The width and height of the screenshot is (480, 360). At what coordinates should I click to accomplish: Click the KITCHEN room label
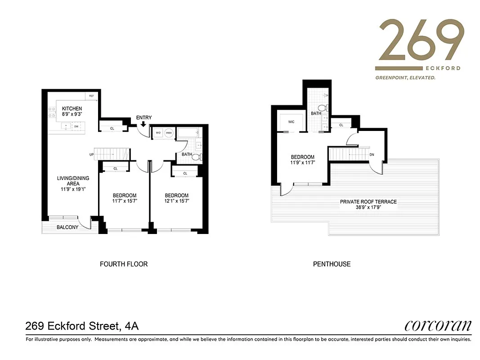[x=72, y=108]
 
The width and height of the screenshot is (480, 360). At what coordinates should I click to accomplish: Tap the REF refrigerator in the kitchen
[x=91, y=96]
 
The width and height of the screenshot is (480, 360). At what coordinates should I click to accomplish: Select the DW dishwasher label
[x=76, y=127]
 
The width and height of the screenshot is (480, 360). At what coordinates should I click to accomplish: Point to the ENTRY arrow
[x=144, y=124]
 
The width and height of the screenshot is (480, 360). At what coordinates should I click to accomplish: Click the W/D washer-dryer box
[x=158, y=133]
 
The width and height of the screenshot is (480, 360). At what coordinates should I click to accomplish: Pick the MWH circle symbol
[x=169, y=133]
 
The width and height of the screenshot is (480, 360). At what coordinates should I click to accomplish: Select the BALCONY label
[x=67, y=227]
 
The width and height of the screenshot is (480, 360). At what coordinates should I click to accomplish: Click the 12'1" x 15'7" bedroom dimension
[x=176, y=201]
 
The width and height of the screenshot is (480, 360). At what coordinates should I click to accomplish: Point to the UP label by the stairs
[x=92, y=155]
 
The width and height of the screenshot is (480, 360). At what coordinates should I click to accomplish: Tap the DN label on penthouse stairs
[x=371, y=154]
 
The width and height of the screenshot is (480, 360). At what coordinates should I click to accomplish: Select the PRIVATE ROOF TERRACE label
[x=368, y=202]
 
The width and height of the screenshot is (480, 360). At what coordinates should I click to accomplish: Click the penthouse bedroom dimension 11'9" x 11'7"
[x=302, y=163]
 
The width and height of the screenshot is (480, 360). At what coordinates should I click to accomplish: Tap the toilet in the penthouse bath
[x=322, y=108]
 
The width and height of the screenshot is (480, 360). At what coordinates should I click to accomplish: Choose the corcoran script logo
[x=438, y=325]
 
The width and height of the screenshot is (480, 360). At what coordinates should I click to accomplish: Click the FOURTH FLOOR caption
[x=124, y=264]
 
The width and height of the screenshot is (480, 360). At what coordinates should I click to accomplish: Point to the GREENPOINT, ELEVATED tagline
[x=405, y=78]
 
